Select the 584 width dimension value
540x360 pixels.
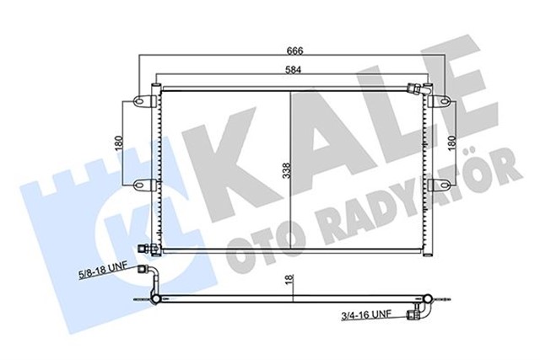tap(293, 71)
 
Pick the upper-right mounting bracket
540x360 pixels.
tap(436, 102)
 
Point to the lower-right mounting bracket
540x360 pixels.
tap(436, 184)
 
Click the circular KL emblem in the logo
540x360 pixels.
tap(118, 223)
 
